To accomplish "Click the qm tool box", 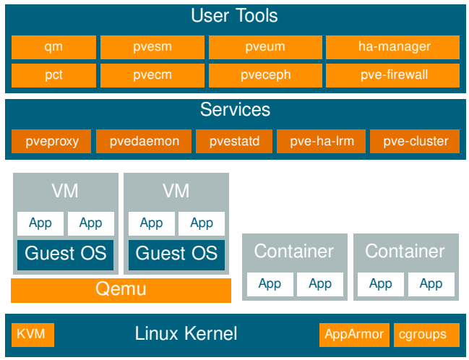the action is (54, 47).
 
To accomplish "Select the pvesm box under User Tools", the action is (152, 47).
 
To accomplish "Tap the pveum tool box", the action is (265, 47).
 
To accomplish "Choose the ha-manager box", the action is (392, 47).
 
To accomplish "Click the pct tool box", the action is (54, 75).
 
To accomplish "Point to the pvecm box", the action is (152, 75).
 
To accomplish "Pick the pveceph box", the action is (265, 75).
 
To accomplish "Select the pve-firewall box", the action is (392, 75).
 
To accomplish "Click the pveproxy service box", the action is (51, 141).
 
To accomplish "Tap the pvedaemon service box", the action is (144, 141).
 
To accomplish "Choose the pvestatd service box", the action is (234, 141).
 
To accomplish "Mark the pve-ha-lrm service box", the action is (322, 141).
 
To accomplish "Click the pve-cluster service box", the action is (415, 141).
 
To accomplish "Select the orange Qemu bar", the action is (121, 291).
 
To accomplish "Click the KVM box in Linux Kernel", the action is (33, 335).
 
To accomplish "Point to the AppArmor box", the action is (354, 335).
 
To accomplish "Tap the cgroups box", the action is (426, 335).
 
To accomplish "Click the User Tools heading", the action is (234, 16).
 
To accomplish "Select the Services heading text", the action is (235, 110).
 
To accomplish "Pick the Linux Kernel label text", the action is (186, 333).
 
